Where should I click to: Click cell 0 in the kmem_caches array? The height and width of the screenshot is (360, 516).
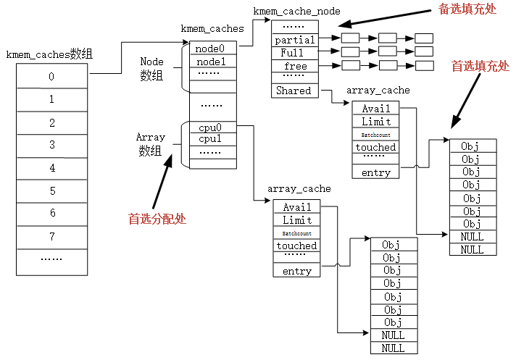click(x=51, y=76)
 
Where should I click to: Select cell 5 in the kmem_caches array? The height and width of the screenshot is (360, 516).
click(x=51, y=191)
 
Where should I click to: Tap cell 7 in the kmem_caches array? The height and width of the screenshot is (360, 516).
click(x=51, y=237)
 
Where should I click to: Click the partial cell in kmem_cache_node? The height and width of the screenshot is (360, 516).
click(x=295, y=40)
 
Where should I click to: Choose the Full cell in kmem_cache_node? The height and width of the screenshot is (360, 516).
click(x=295, y=53)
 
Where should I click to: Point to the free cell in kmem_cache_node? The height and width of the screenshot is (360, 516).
click(x=295, y=66)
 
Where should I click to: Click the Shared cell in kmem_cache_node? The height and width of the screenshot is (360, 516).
click(x=294, y=91)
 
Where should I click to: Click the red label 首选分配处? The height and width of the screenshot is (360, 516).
click(x=157, y=218)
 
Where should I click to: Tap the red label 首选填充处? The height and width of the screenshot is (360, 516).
click(x=480, y=66)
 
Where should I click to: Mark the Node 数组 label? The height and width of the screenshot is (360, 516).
click(x=151, y=69)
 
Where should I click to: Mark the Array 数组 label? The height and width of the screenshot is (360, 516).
click(x=151, y=143)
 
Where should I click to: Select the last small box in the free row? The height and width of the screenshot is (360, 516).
click(x=424, y=65)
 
